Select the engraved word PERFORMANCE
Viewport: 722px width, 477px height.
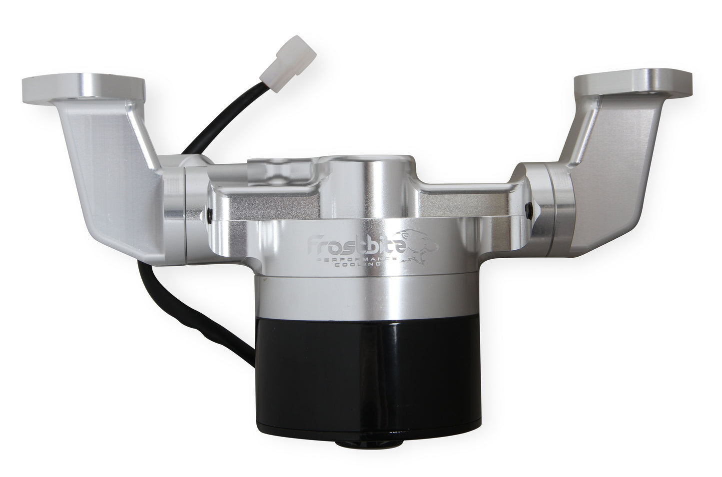click(358, 259)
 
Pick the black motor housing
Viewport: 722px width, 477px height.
click(368, 375)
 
